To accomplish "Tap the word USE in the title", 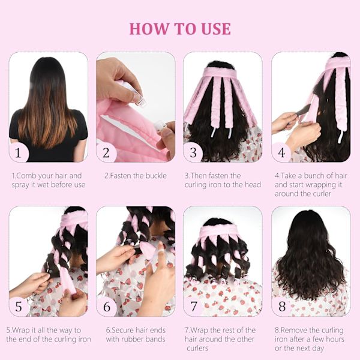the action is click(x=216, y=29).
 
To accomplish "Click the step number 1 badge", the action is click(x=19, y=152).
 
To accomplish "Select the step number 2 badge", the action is click(x=106, y=152).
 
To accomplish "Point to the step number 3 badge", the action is click(x=193, y=152).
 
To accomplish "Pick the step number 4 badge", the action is click(x=281, y=152).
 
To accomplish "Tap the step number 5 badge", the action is click(x=19, y=307).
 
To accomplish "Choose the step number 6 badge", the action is click(x=107, y=307).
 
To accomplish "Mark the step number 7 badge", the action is click(x=194, y=307).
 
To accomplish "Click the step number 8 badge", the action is click(x=282, y=307).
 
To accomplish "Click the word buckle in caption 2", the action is click(x=155, y=176).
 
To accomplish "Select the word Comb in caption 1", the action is click(x=26, y=176).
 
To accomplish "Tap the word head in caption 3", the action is click(x=253, y=185).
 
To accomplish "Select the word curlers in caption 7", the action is click(x=197, y=348).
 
